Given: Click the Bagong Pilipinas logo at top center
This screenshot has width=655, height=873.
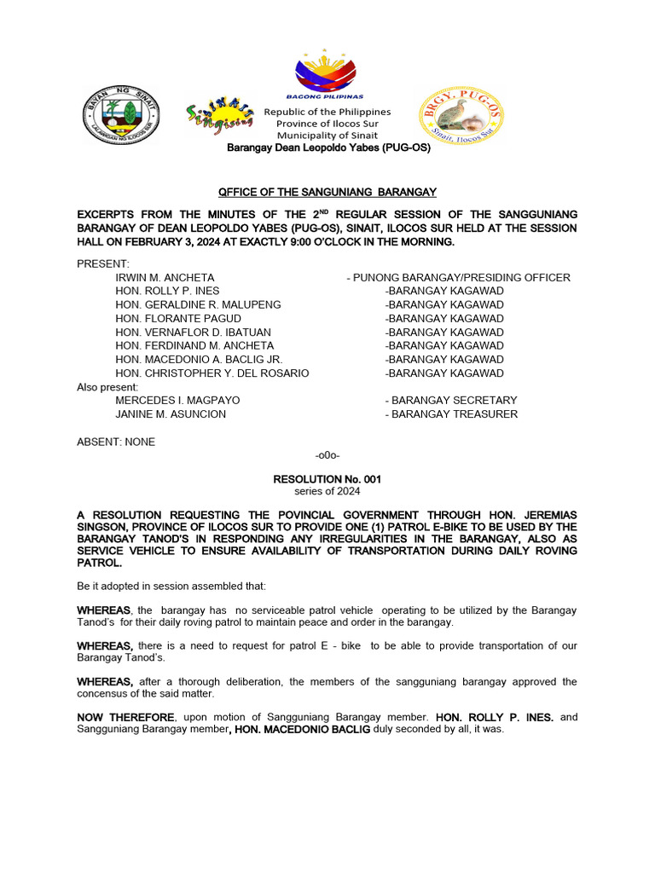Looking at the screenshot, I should click(327, 75).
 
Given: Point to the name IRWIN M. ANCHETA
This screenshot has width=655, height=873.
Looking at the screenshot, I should click(165, 278).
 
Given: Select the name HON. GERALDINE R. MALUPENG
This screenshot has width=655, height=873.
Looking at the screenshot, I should click(198, 305).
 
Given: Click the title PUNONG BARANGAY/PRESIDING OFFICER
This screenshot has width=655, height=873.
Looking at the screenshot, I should click(458, 278).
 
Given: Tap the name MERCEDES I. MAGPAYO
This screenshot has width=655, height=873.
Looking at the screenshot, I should click(177, 401).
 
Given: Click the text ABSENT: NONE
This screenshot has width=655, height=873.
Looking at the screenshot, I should click(116, 442).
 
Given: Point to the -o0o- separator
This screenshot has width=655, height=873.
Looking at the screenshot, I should click(327, 456).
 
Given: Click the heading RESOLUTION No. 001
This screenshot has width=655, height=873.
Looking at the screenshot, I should click(327, 480).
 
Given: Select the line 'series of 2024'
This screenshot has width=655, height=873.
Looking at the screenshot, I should click(327, 492).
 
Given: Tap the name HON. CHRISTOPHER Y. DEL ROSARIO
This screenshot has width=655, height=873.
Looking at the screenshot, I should click(212, 373).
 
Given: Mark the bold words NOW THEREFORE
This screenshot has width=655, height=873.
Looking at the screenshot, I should click(125, 718).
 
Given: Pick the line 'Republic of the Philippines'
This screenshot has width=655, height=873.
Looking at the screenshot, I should click(327, 113).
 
